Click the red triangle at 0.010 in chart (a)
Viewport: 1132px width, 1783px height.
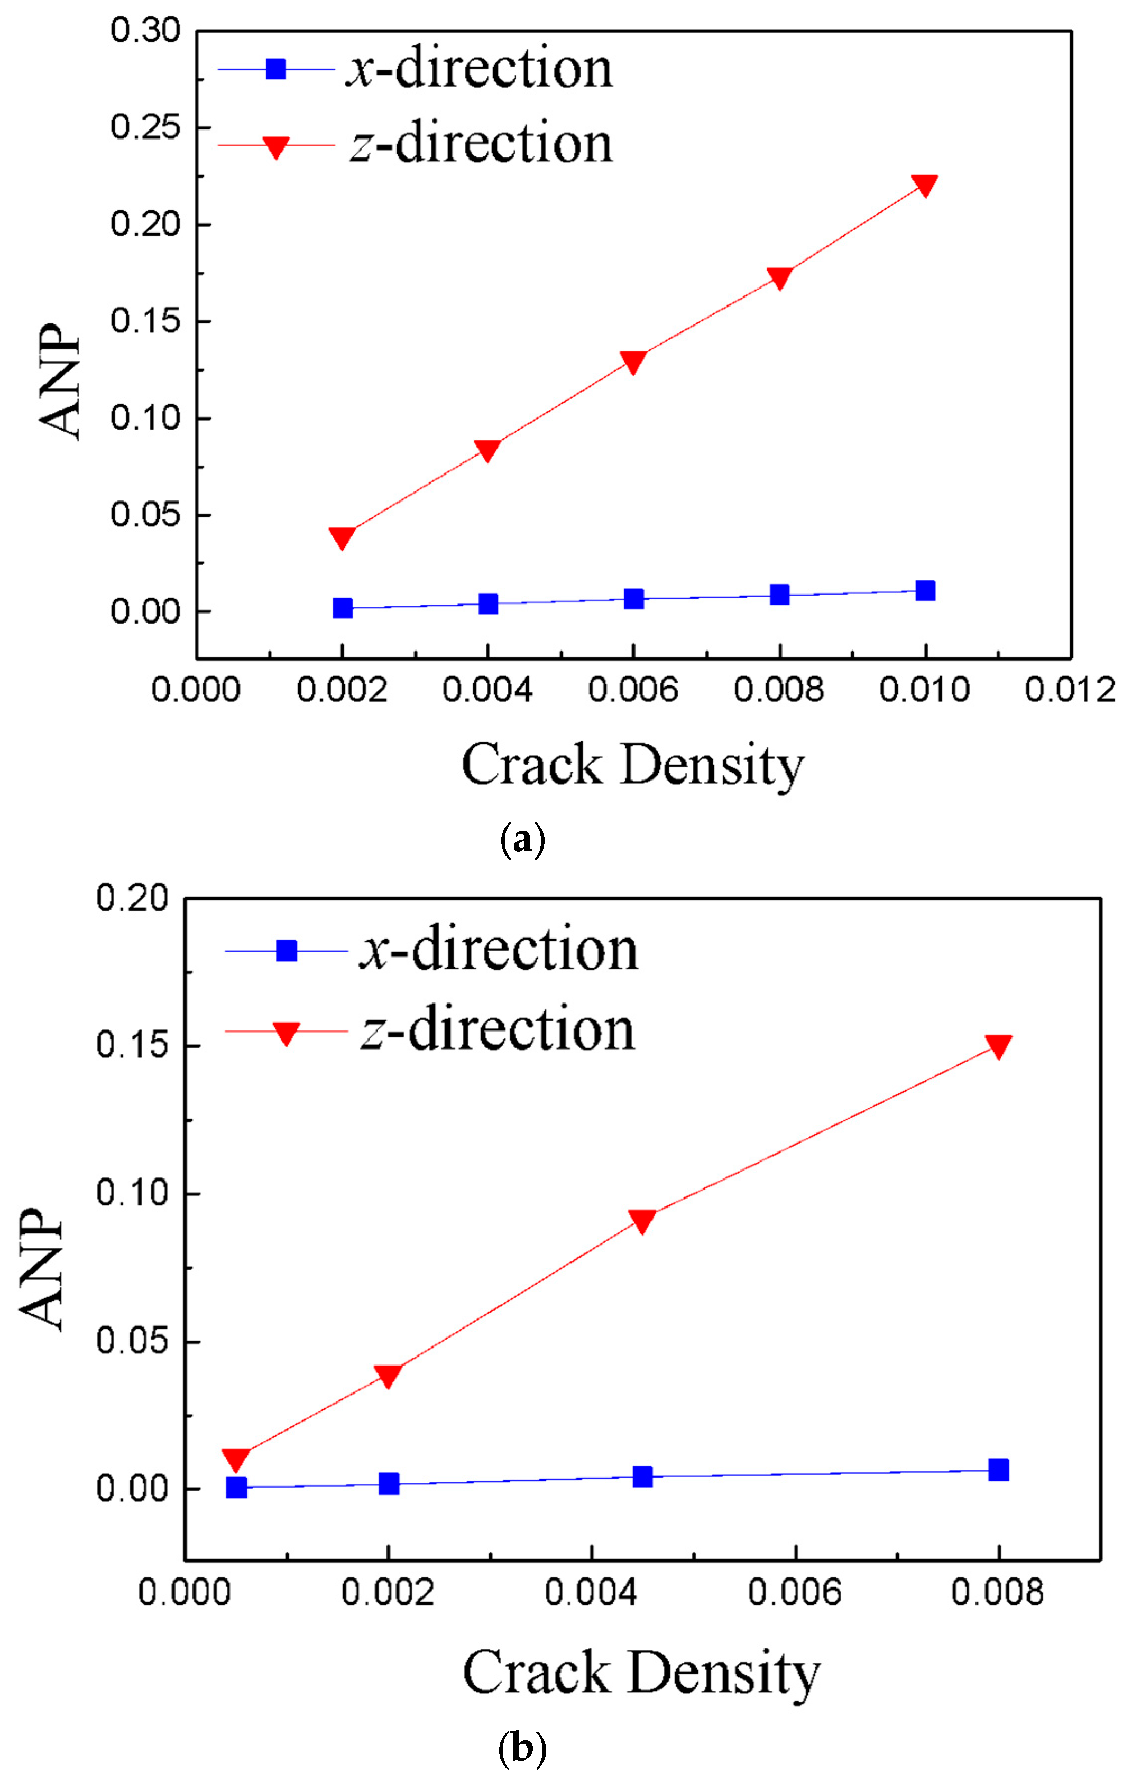(x=925, y=184)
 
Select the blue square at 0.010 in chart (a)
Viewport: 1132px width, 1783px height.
(x=925, y=590)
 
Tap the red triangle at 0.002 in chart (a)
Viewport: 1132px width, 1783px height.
(x=342, y=537)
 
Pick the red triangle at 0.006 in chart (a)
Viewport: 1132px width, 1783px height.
(x=633, y=361)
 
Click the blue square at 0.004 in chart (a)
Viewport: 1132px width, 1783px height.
(x=487, y=603)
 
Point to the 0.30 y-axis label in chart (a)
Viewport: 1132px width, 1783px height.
(x=145, y=31)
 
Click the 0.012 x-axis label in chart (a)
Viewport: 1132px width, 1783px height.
(x=1069, y=690)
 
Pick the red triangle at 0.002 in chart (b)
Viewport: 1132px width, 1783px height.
(x=388, y=1375)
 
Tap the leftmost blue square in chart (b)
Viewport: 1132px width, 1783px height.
(x=236, y=1487)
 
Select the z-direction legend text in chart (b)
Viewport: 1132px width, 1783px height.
(x=498, y=1030)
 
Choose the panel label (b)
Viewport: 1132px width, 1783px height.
(x=523, y=1749)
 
